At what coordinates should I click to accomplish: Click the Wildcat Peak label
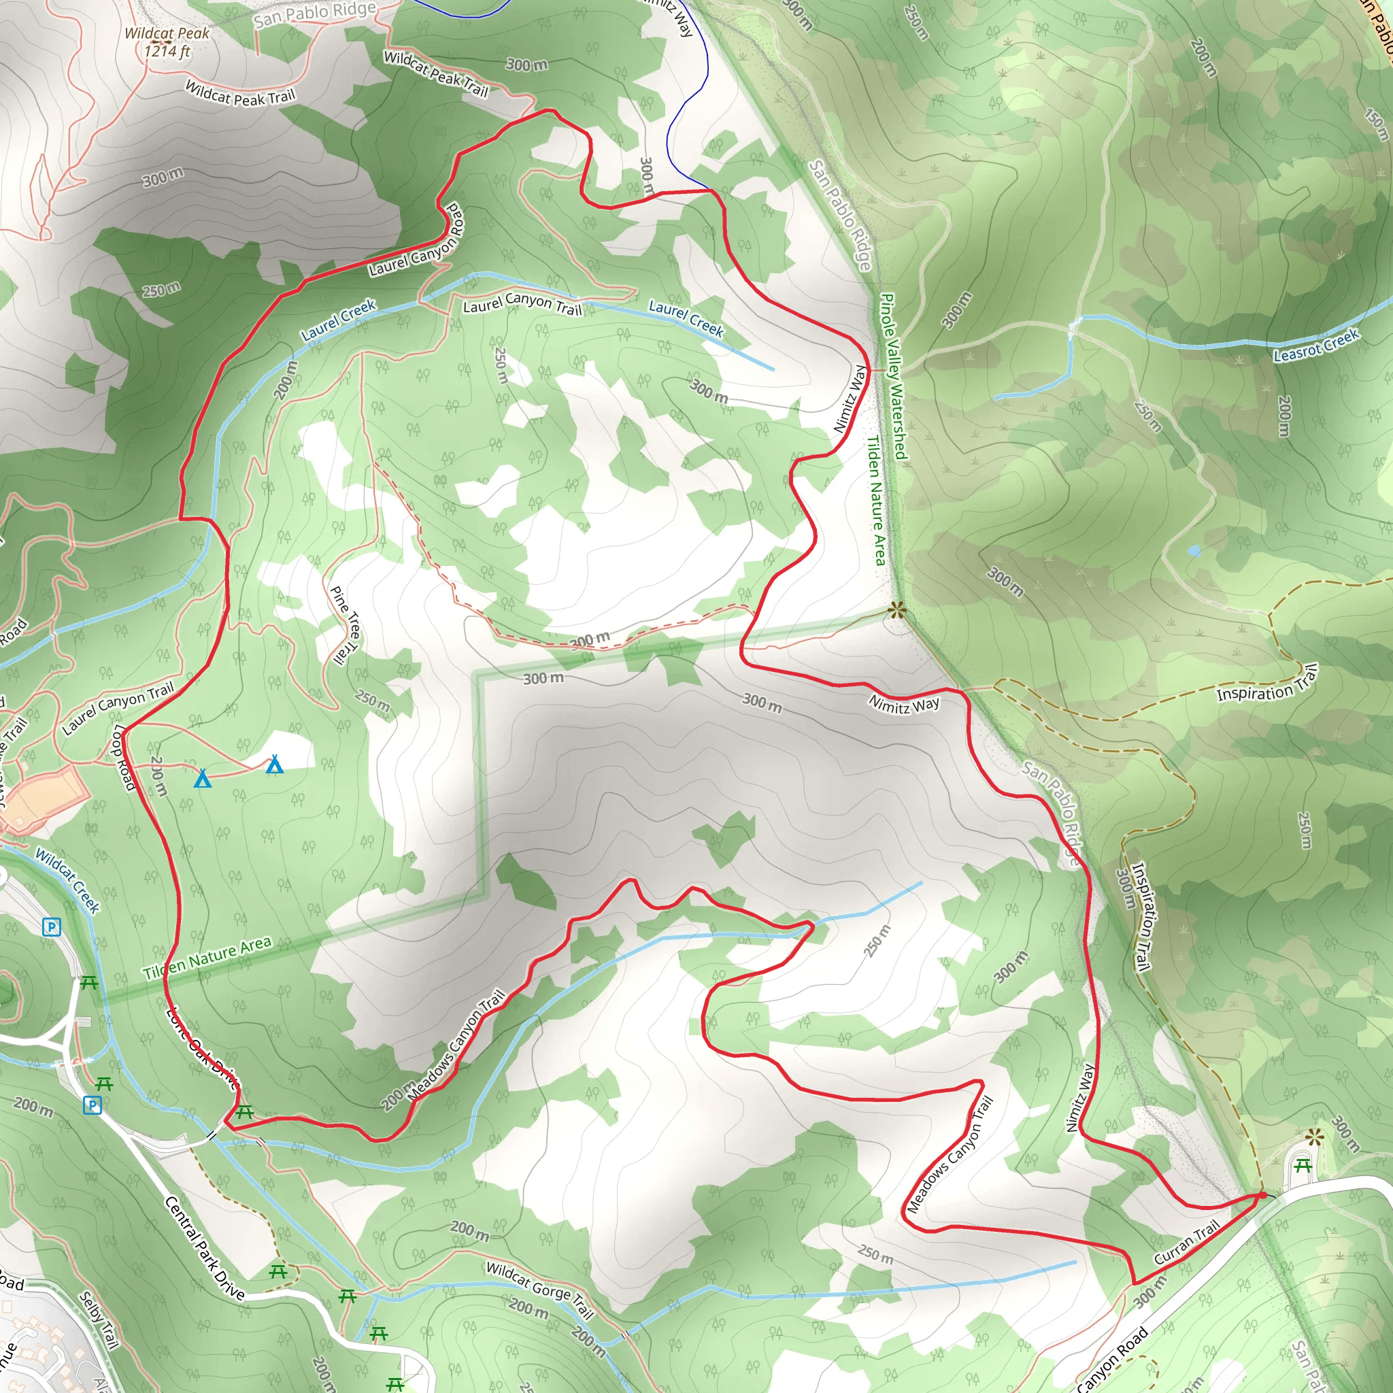167,33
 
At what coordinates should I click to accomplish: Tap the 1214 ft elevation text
167,51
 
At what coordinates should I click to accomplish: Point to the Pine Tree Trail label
346,624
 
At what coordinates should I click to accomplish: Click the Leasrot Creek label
1316,345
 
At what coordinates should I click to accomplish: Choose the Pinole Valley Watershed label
893,375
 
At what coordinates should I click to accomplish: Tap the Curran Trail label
1186,1241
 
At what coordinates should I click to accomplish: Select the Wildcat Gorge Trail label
539,1290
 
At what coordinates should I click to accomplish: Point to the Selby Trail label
99,1320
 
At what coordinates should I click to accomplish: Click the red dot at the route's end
1262,1196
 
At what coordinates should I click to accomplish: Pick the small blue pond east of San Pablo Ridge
1194,551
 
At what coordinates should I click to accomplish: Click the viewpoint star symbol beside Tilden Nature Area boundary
896,611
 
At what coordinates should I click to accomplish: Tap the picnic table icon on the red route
244,1112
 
